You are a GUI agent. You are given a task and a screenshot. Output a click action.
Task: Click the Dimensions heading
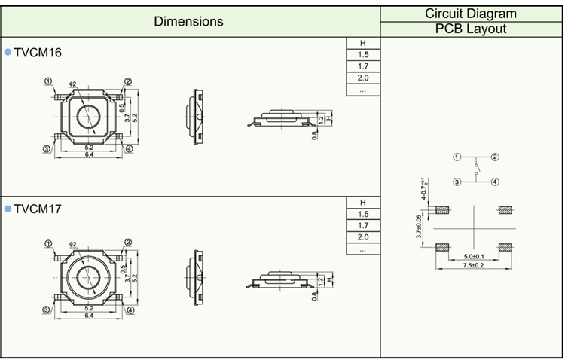[x=188, y=22]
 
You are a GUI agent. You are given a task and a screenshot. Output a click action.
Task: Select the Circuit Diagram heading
[x=471, y=14]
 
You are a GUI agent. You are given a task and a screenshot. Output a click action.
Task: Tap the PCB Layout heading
[x=471, y=29]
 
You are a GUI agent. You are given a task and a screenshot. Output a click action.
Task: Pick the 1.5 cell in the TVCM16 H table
[x=363, y=55]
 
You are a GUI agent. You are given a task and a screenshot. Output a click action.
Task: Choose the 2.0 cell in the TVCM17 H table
[x=363, y=237]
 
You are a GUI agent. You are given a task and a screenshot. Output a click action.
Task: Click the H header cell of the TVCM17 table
[x=363, y=202]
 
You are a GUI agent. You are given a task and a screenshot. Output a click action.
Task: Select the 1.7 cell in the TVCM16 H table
[x=363, y=67]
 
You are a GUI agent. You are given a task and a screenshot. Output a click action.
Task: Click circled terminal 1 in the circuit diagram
[x=457, y=157]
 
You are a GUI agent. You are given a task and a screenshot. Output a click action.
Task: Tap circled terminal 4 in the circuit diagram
[x=495, y=182]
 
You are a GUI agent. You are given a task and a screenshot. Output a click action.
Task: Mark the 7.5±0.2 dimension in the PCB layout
[x=473, y=265]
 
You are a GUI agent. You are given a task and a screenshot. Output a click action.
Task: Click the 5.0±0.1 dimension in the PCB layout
[x=473, y=255]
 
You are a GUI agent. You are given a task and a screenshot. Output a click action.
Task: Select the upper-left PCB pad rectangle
[x=442, y=209]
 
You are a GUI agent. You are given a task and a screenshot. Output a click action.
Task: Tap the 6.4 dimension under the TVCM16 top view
[x=88, y=154]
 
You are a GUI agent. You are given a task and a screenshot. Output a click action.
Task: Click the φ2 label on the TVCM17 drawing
[x=73, y=244]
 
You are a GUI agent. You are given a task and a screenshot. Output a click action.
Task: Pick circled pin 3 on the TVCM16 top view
[x=46, y=149]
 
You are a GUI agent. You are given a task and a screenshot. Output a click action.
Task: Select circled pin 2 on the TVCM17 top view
[x=128, y=243]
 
